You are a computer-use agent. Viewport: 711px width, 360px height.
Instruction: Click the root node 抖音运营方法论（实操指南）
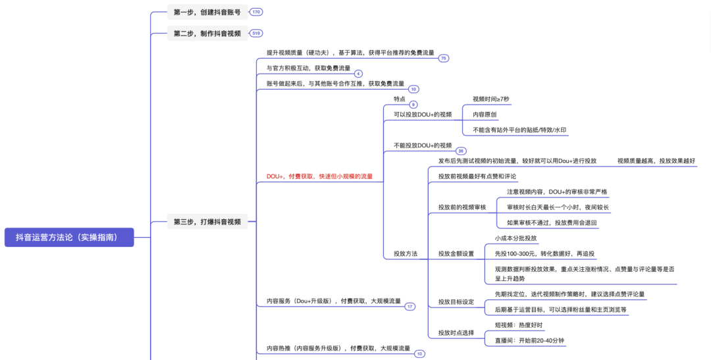point(69,237)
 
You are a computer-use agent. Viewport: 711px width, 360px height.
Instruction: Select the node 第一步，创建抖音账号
point(207,12)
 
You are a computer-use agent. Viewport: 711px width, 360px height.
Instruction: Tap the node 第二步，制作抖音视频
point(207,33)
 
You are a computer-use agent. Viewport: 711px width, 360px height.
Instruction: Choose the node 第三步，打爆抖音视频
point(207,222)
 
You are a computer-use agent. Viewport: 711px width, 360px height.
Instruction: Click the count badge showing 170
point(256,12)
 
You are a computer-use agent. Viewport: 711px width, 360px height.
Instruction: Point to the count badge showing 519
point(256,33)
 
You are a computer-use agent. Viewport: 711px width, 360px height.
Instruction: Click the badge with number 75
point(444,58)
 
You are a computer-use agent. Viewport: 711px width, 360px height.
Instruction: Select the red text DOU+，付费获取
point(319,176)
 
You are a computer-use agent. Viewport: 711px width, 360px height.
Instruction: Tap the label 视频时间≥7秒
point(490,99)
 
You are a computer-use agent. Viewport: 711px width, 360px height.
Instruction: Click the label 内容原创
point(485,115)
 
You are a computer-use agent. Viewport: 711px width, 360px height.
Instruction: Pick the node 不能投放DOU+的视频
point(423,145)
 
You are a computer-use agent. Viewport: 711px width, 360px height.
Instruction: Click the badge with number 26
point(461,151)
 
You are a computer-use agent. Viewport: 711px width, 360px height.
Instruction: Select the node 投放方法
point(406,253)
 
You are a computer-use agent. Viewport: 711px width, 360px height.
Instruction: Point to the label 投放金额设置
point(456,253)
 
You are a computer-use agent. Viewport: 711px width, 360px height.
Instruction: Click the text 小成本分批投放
point(515,238)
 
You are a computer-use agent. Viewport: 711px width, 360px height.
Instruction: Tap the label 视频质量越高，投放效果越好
point(656,161)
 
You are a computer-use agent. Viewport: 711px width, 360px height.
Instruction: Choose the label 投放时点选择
point(456,332)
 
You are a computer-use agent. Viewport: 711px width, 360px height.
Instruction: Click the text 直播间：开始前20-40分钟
point(529,340)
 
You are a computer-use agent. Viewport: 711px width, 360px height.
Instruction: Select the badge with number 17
point(409,307)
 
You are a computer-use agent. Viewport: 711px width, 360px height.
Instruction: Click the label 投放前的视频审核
point(462,207)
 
